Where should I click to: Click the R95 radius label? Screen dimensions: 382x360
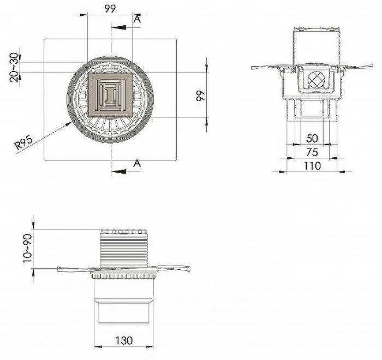click(23, 143)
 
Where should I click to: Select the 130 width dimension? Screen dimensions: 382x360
click(124, 340)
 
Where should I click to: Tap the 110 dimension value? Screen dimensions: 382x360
click(312, 166)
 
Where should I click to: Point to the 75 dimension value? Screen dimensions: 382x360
click(312, 152)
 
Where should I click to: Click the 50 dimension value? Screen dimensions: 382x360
click(312, 139)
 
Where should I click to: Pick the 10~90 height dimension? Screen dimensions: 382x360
click(27, 249)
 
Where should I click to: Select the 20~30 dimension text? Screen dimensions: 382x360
click(14, 68)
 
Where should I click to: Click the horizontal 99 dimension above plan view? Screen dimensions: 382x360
click(110, 9)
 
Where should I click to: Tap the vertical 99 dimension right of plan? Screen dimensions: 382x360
click(200, 96)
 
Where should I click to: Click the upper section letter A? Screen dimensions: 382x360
click(138, 19)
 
